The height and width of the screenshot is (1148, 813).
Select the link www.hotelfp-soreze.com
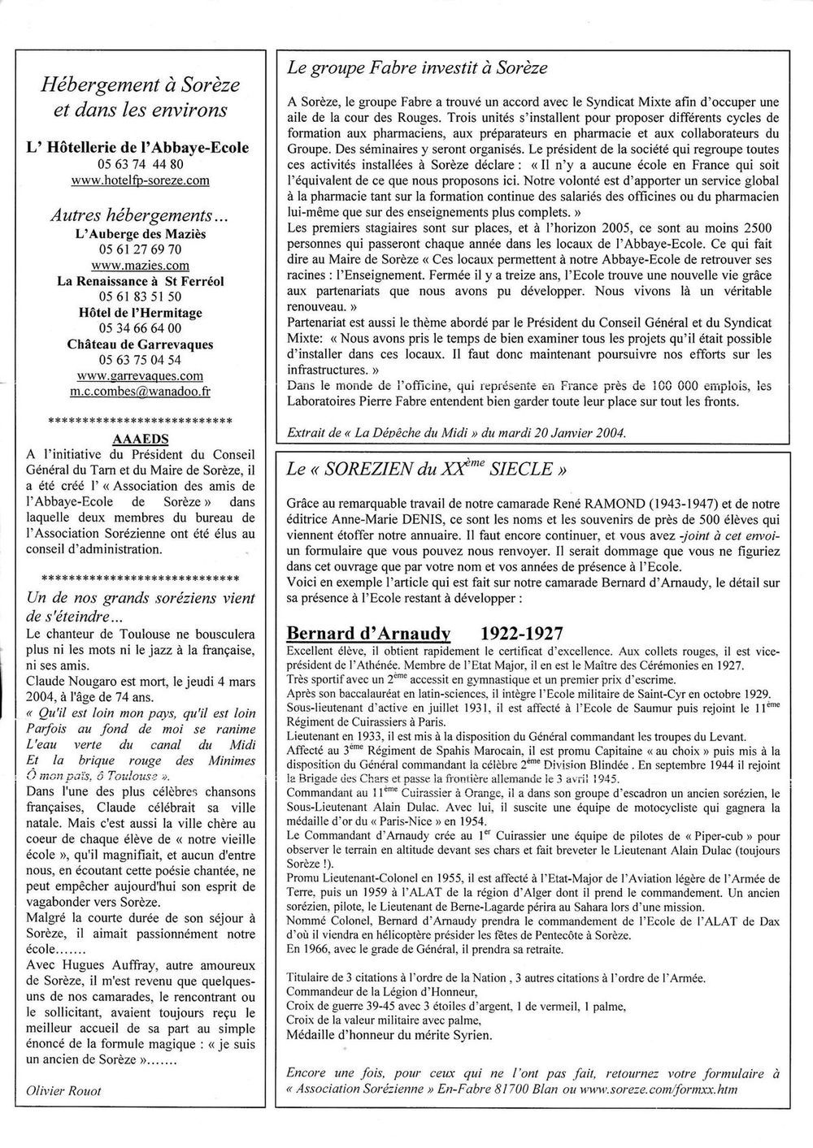(x=141, y=180)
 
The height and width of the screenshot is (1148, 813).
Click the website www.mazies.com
(x=141, y=265)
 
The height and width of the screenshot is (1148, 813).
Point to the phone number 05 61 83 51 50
(x=141, y=297)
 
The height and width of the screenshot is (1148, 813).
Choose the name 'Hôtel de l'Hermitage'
(x=141, y=312)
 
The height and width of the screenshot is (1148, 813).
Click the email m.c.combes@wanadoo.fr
(x=141, y=391)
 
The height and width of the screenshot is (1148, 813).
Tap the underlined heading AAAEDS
(x=141, y=436)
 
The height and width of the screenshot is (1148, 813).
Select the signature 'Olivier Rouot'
(x=64, y=1090)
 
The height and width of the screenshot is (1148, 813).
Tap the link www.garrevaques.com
(x=141, y=375)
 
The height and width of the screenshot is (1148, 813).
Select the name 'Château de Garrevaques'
(x=141, y=344)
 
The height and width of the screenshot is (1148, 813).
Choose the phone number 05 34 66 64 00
(x=141, y=328)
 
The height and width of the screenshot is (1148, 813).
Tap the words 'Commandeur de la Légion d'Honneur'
(x=382, y=991)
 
